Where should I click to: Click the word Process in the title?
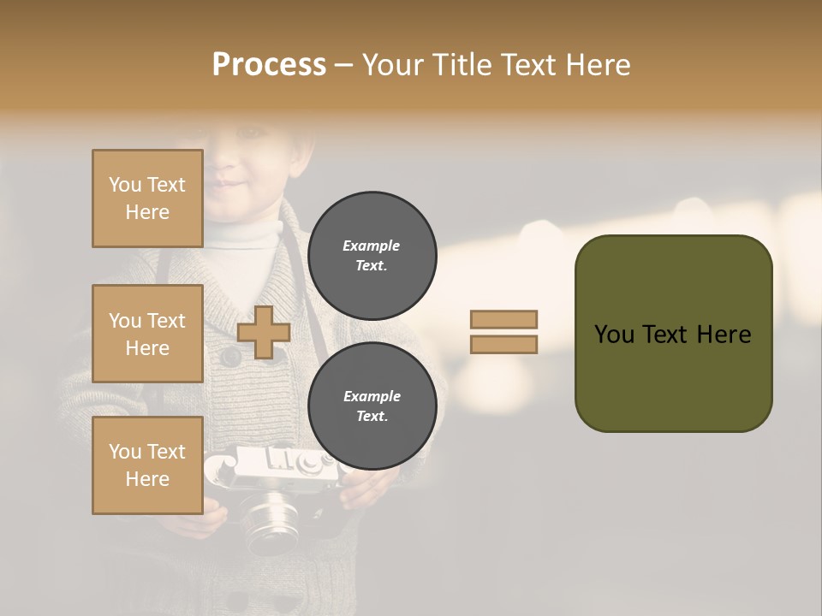coord(269,64)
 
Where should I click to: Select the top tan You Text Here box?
coord(147,198)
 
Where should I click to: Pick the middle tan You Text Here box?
coord(147,334)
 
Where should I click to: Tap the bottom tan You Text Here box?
coord(147,465)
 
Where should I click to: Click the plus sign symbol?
coord(263,332)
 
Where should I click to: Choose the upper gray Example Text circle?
coord(372,255)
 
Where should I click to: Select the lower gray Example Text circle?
coord(372,406)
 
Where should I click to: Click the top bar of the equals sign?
coord(503,319)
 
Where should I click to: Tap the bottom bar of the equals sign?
coord(503,344)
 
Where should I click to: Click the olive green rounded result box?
coord(673,333)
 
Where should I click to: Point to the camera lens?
coord(272,518)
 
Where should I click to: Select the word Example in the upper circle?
coord(372,246)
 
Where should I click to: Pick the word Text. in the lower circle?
coord(372,416)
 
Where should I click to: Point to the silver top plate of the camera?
coord(283,463)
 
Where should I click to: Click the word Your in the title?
coord(391,64)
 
